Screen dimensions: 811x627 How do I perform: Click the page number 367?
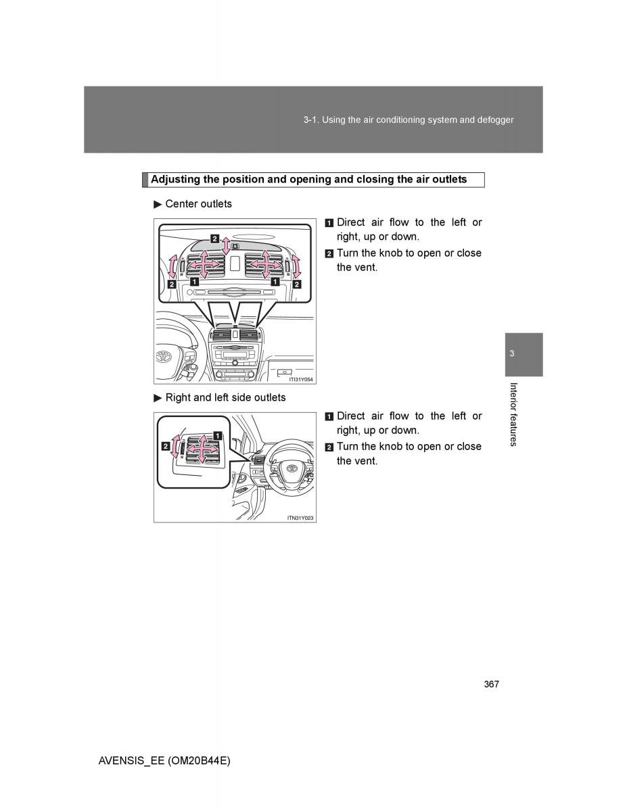[x=491, y=685]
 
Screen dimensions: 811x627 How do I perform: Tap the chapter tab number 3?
[x=512, y=354]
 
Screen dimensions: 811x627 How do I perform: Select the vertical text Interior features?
[x=513, y=414]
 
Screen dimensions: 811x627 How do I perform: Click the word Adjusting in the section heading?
[x=175, y=180]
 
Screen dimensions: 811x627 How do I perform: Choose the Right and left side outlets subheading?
[x=225, y=397]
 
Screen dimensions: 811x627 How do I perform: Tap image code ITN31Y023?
[x=300, y=518]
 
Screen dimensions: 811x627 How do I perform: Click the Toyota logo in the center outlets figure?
[x=164, y=356]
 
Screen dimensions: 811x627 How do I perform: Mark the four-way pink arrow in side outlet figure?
[x=201, y=447]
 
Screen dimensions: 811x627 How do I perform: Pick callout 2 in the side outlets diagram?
[x=165, y=446]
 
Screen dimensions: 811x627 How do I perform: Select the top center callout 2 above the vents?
[x=214, y=238]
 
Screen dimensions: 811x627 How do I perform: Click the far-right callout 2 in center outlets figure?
[x=296, y=285]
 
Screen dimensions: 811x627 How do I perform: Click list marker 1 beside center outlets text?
[x=329, y=223]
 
